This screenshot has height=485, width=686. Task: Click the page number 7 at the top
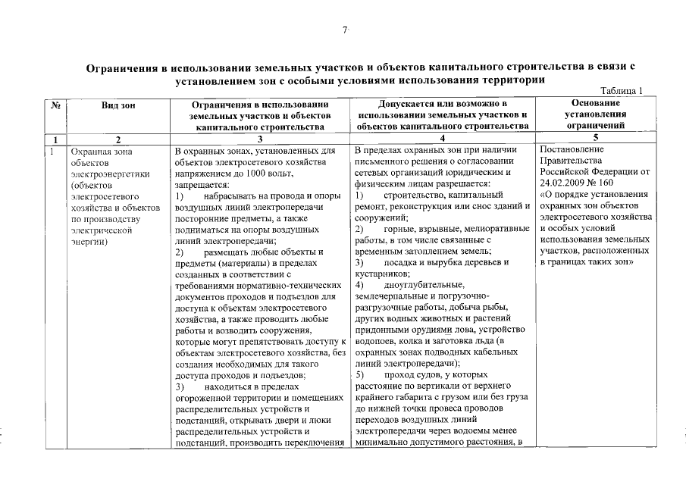343,30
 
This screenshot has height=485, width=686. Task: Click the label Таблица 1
621,91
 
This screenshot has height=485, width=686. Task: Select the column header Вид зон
117,105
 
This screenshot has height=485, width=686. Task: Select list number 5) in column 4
360,374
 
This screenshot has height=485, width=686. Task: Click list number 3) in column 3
180,386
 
